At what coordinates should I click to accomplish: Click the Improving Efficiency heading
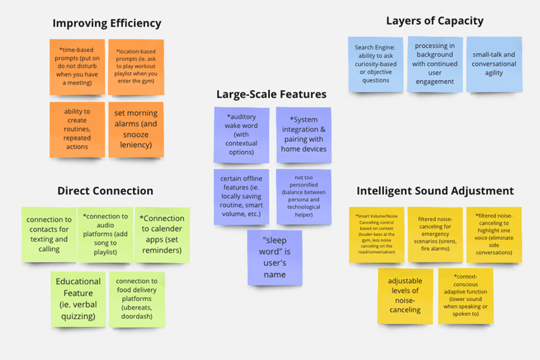coord(107,23)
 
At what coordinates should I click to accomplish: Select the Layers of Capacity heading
coord(435,21)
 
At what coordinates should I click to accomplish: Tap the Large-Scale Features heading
coord(271,94)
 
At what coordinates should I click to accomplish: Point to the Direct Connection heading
coord(105,191)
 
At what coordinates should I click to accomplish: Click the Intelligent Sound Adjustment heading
coord(435,191)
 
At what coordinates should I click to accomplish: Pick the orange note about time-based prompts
coord(77,67)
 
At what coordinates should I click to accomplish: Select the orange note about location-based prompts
coord(136,67)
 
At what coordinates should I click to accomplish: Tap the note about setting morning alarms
coord(136,129)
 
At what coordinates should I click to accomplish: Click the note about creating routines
coord(77,129)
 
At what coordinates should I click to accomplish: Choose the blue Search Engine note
coord(375,64)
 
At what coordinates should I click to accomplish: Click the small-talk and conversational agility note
coord(494,64)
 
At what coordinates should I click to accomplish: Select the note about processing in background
coord(435,64)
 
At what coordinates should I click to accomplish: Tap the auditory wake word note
coord(242,134)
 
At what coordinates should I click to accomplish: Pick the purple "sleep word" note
coord(274,257)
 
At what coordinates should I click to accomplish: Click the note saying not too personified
coord(303,196)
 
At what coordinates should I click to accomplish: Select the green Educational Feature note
coord(78,299)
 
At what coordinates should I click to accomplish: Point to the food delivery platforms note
coord(137,299)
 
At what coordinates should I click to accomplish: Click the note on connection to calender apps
coord(162,235)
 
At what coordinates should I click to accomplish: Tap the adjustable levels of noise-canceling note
coord(405,296)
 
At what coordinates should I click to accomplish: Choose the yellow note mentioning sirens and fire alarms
coord(435,235)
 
